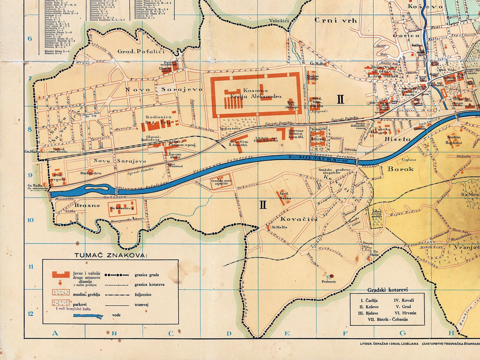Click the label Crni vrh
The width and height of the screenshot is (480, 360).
336,21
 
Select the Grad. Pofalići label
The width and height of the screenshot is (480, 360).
141,51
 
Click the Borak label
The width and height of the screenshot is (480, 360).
401,169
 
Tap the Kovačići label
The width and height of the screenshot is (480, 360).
299,219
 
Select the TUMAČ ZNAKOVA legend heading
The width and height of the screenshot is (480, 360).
111,255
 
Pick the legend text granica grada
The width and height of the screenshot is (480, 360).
147,275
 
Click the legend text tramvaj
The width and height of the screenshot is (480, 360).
142,305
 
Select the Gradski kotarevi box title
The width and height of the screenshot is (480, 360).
387,290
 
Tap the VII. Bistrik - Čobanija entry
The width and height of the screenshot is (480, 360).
388,319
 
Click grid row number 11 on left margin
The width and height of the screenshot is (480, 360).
31,267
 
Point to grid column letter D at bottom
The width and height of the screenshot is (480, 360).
229,334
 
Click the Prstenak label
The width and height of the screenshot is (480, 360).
329,282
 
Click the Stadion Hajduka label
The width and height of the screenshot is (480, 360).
454,140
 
